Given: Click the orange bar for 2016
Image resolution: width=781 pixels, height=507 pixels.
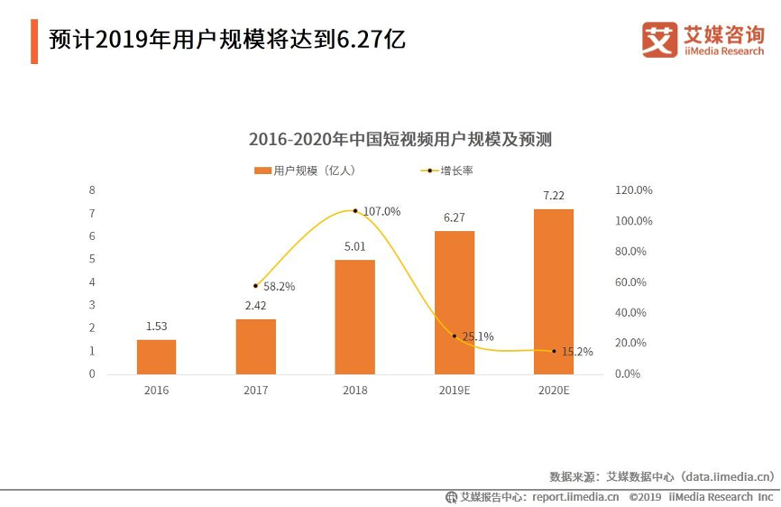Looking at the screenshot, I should point(156,356).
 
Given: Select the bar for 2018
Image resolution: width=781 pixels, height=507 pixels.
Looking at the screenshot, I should point(354,317).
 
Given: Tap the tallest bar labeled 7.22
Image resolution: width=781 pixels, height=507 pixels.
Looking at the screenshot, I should point(553,291).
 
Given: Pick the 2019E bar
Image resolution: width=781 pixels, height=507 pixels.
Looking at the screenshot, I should point(454,302).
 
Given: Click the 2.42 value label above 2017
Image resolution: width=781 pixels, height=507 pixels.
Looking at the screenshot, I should point(255,305).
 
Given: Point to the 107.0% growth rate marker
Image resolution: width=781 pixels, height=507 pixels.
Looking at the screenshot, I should point(355,211).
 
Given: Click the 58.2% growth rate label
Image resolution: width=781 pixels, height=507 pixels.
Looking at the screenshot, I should point(279,286).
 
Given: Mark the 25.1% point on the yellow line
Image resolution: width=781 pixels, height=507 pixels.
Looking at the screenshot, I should point(455,336).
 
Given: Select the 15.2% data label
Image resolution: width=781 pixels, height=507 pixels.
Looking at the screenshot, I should point(577,352).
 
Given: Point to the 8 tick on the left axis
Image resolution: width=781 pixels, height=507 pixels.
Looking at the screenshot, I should point(91,190).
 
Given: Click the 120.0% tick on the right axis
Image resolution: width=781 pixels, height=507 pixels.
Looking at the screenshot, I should point(633,190).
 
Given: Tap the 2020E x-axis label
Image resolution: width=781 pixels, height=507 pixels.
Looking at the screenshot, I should point(553,391).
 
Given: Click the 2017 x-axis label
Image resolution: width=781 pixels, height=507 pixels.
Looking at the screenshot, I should point(255,391).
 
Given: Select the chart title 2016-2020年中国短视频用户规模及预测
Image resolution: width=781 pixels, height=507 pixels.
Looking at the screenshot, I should point(400,140).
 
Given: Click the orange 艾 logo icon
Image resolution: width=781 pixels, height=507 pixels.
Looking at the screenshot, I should point(659,38).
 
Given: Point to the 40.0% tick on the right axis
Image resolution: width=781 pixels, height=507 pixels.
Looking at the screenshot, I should point(630,312).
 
